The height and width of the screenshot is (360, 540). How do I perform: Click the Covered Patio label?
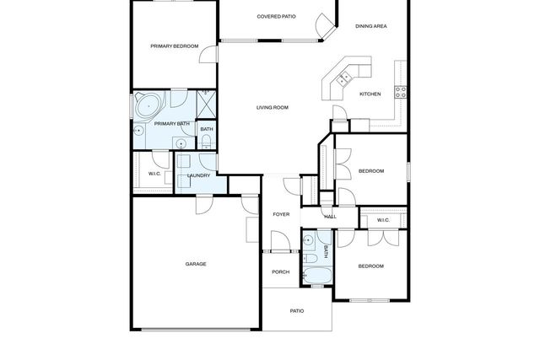(x=276, y=16)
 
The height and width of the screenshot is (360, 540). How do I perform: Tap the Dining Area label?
(x=370, y=27)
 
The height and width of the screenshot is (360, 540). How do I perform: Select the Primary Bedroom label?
(x=175, y=46)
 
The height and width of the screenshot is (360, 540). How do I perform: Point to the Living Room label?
(x=273, y=107)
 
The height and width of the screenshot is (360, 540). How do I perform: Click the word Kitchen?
(x=370, y=94)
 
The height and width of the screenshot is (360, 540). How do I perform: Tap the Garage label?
(x=196, y=264)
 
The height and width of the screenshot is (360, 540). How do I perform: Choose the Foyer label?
(x=281, y=214)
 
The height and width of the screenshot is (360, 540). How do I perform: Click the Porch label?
(x=280, y=271)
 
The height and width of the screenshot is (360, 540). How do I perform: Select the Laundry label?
(x=198, y=175)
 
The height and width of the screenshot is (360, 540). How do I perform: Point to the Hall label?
(x=330, y=217)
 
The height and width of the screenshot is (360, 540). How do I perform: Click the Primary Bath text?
(x=171, y=124)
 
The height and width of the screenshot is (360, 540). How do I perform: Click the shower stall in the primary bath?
(x=207, y=102)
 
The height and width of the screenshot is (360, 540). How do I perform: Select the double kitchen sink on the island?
(x=343, y=79)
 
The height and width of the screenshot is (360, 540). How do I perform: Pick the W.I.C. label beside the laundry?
(x=154, y=175)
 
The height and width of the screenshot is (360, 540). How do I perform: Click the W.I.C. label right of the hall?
(x=382, y=221)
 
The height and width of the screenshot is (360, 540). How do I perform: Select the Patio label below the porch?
(x=297, y=311)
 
